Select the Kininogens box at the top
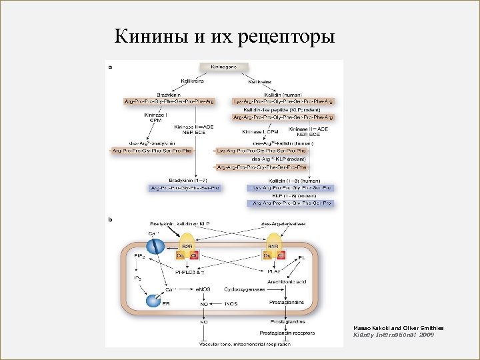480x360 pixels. coord(223,68)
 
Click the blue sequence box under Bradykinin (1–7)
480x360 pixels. coord(183,188)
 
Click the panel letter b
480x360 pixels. coord(110,218)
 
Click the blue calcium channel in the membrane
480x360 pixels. coord(155,247)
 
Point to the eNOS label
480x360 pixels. coord(203,289)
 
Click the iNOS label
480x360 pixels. coord(231,305)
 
